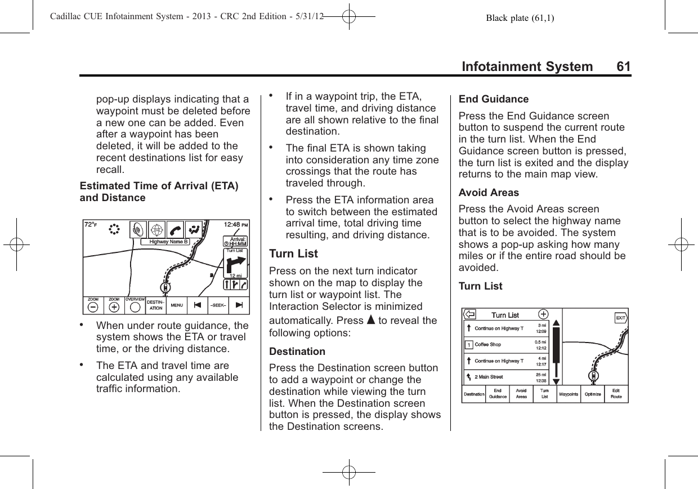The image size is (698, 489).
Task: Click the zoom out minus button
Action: pos(93,307)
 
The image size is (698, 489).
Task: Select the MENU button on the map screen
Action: pos(177,306)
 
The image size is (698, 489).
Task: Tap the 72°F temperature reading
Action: pos(91,225)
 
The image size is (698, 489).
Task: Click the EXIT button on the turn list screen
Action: pos(620,318)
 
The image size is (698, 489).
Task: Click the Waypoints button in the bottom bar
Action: pos(568,394)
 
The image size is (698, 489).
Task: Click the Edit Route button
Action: pos(616,394)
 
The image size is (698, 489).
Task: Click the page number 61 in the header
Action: pos(623,67)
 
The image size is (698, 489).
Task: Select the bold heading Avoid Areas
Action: pos(489,192)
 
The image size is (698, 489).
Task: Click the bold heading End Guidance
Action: pos(494,99)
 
